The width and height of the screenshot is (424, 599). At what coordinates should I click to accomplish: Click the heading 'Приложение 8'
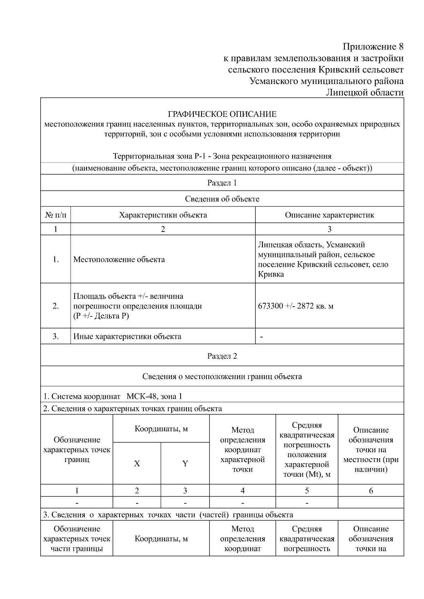point(373,47)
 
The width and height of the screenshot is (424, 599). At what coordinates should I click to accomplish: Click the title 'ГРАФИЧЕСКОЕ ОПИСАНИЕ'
point(222,114)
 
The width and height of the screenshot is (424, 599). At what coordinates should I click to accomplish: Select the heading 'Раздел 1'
point(222,183)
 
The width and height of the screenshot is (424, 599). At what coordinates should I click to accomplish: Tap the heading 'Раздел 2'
point(222,356)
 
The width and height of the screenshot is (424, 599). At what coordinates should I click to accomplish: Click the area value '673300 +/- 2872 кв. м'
point(296,306)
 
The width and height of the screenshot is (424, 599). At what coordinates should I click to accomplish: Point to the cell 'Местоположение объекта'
point(119,259)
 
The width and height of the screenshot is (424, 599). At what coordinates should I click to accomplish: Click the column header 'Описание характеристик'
point(329,215)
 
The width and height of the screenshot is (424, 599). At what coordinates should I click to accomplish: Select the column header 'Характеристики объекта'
point(163,215)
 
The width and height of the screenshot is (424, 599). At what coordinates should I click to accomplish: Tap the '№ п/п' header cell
point(55,215)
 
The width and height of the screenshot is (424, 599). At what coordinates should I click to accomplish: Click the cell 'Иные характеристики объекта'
point(127,336)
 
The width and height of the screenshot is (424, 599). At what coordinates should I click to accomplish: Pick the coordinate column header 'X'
point(137,463)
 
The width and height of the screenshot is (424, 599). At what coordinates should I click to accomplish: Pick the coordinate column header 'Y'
point(185,463)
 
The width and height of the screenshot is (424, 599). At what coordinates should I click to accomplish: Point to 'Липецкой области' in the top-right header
point(364,92)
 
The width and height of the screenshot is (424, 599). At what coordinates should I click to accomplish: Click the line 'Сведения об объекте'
point(222,199)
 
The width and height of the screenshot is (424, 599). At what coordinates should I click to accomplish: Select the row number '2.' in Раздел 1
point(55,306)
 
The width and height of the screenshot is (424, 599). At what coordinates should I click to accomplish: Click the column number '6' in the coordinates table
point(371,491)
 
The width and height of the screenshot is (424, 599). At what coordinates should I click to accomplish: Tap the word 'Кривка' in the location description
point(271,274)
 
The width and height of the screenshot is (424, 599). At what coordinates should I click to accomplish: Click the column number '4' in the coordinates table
point(242,491)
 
